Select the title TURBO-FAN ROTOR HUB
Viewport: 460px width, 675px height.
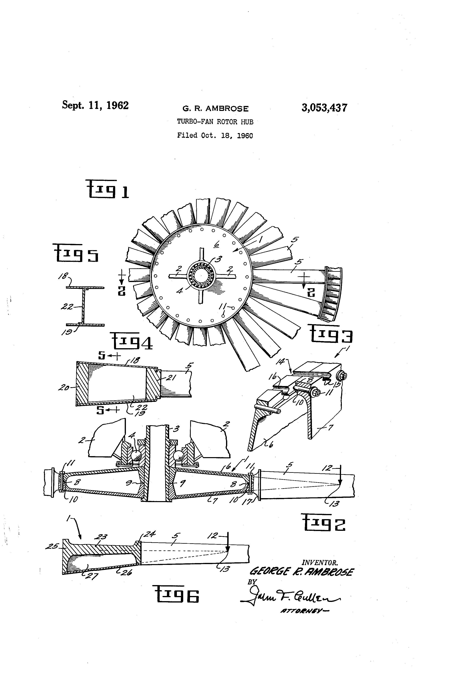[215, 122]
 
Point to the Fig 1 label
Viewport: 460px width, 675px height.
[107, 189]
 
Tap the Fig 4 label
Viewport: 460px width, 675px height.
[131, 342]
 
